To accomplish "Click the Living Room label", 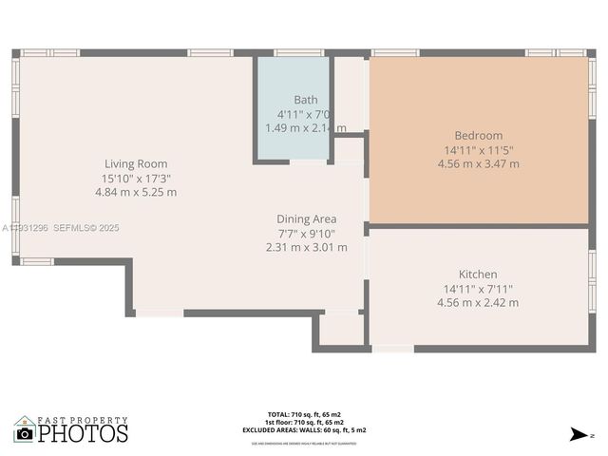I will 136,163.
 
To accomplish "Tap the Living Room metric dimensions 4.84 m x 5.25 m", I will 136,192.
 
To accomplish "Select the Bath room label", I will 305,100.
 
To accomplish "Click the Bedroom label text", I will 478,136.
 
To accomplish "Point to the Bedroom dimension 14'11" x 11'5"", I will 478,150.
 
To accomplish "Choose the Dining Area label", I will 306,219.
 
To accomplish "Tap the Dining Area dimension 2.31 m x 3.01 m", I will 306,247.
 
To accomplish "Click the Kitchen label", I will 478,275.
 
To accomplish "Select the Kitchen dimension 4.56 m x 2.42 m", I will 478,302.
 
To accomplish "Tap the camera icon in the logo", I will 25,433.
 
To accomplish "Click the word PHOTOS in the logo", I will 84,434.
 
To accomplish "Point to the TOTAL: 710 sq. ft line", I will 304,414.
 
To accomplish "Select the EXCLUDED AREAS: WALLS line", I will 304,429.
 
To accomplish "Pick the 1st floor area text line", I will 304,422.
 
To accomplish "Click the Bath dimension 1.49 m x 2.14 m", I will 305,127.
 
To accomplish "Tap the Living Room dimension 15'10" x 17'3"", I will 136,178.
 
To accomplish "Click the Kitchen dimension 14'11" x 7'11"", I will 478,289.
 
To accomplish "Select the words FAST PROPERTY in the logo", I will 83,420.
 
